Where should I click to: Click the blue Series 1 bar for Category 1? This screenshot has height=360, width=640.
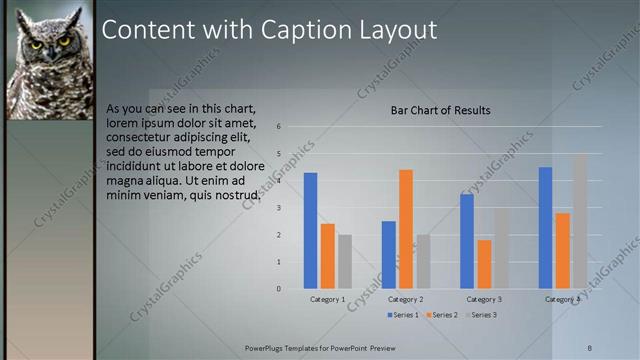coord(310,230)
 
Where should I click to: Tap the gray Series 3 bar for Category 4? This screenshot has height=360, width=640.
coord(580,221)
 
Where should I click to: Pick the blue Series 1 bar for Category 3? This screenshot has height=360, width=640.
coord(467,241)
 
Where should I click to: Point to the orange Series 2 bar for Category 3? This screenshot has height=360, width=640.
coord(484,264)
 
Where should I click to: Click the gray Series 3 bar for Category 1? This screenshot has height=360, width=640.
coord(345,261)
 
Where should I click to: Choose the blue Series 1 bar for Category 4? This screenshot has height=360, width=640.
coord(545,227)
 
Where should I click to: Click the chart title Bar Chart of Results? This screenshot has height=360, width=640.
coord(440,110)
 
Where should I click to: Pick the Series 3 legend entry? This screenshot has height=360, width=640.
coord(481,315)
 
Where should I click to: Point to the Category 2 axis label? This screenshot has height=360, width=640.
coord(405,299)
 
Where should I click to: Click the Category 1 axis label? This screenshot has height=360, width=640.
coord(327,299)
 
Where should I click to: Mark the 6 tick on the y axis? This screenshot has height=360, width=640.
coord(279,126)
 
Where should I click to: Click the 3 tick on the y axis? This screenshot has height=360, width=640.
coord(279,207)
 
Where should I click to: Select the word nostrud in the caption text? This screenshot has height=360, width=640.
coord(237,195)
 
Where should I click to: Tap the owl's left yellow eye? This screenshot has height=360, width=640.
coord(37,44)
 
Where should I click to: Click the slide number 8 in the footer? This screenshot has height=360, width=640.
coord(590,346)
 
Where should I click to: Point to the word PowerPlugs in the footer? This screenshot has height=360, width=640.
coord(265,346)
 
